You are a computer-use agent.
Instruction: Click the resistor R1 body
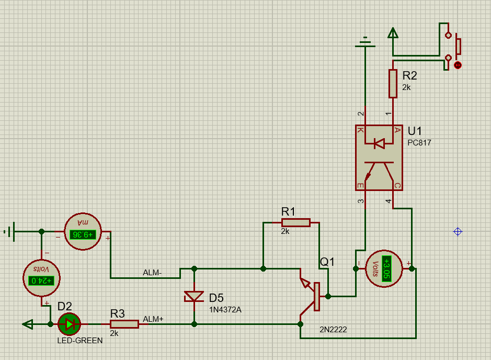click(295, 222)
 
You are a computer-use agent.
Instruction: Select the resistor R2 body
click(393, 84)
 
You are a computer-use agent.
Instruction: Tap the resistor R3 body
click(124, 324)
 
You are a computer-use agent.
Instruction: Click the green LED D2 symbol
click(69, 324)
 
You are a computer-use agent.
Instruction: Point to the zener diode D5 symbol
click(194, 297)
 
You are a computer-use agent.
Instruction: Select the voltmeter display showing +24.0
click(42, 280)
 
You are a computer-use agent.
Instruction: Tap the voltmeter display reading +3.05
click(386, 269)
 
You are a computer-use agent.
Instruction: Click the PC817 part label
click(419, 142)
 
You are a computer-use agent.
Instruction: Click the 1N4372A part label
click(225, 309)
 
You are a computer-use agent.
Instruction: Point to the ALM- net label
click(152, 273)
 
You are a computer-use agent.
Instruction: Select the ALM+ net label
click(153, 319)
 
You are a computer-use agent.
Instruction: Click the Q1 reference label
click(327, 262)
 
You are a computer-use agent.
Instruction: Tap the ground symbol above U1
click(366, 42)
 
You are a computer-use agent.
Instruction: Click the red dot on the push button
click(458, 65)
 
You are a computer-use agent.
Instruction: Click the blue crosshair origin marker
click(458, 231)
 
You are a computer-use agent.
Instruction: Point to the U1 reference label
click(415, 131)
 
